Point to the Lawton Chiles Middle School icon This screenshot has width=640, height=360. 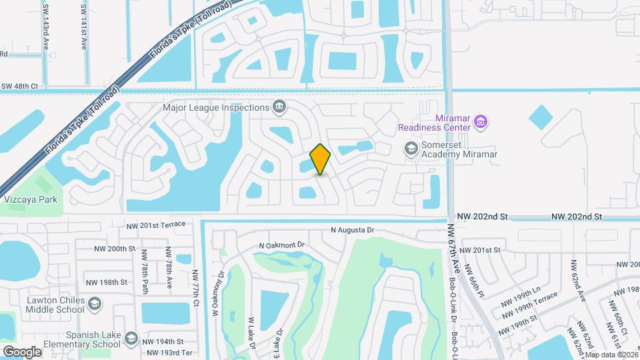(95, 305)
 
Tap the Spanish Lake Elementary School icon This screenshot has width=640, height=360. (131, 339)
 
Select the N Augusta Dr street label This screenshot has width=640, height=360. (353, 230)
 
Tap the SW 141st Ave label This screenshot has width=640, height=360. (84, 25)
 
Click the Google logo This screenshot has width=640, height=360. (22, 351)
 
